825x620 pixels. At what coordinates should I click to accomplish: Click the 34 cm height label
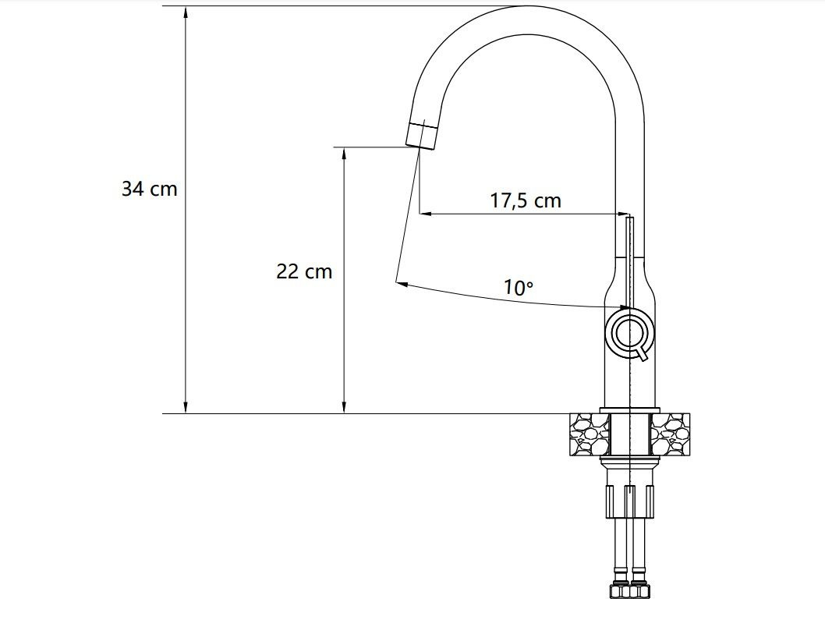149,189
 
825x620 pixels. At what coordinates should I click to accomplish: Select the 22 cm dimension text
304,271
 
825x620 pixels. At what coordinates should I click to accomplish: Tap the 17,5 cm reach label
525,200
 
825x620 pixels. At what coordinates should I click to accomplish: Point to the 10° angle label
518,288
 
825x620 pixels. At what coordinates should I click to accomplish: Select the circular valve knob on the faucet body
629,332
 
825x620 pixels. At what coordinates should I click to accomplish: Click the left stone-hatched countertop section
590,434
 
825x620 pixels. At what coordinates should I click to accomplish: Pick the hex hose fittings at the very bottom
631,590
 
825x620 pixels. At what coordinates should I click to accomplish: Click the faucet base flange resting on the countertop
630,411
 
